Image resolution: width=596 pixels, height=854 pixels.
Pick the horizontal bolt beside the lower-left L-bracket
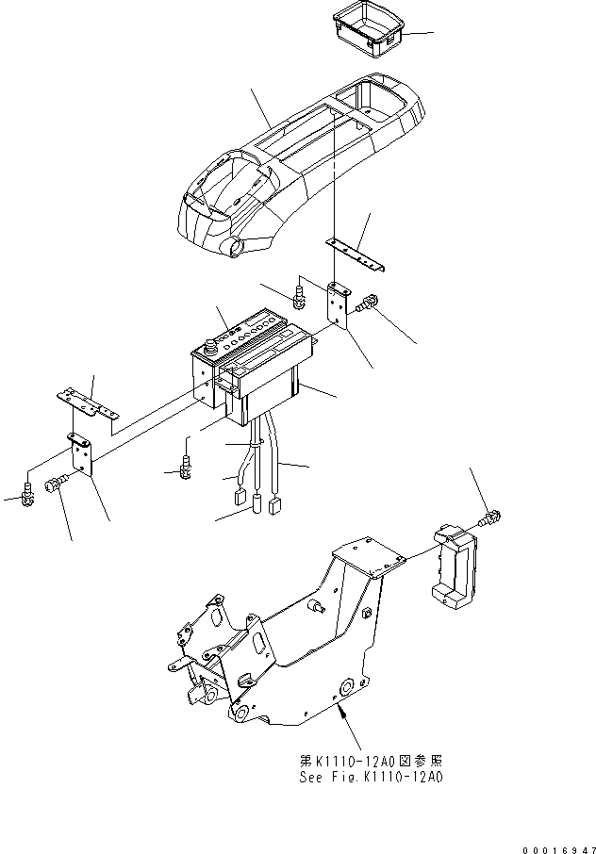point(56,484)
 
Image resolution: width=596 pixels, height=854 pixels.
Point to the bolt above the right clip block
point(491,517)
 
